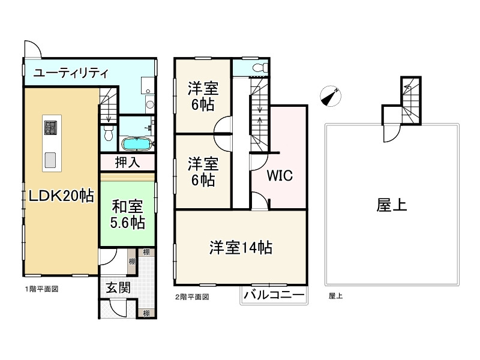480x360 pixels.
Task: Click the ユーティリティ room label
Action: [x=71, y=74]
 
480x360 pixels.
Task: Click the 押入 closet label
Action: [x=127, y=162]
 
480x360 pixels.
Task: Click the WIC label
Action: [x=279, y=176]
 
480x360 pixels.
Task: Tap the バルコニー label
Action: [x=273, y=295]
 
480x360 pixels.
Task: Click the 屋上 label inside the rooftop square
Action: [x=392, y=206]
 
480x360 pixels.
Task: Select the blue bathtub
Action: [x=137, y=144]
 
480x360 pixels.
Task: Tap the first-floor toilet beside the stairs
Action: [x=109, y=133]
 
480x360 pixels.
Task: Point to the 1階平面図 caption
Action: [x=41, y=289]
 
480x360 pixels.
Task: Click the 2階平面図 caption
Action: [x=192, y=296]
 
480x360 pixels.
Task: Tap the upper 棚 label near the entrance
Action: [x=146, y=252]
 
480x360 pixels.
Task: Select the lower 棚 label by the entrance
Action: [x=146, y=313]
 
